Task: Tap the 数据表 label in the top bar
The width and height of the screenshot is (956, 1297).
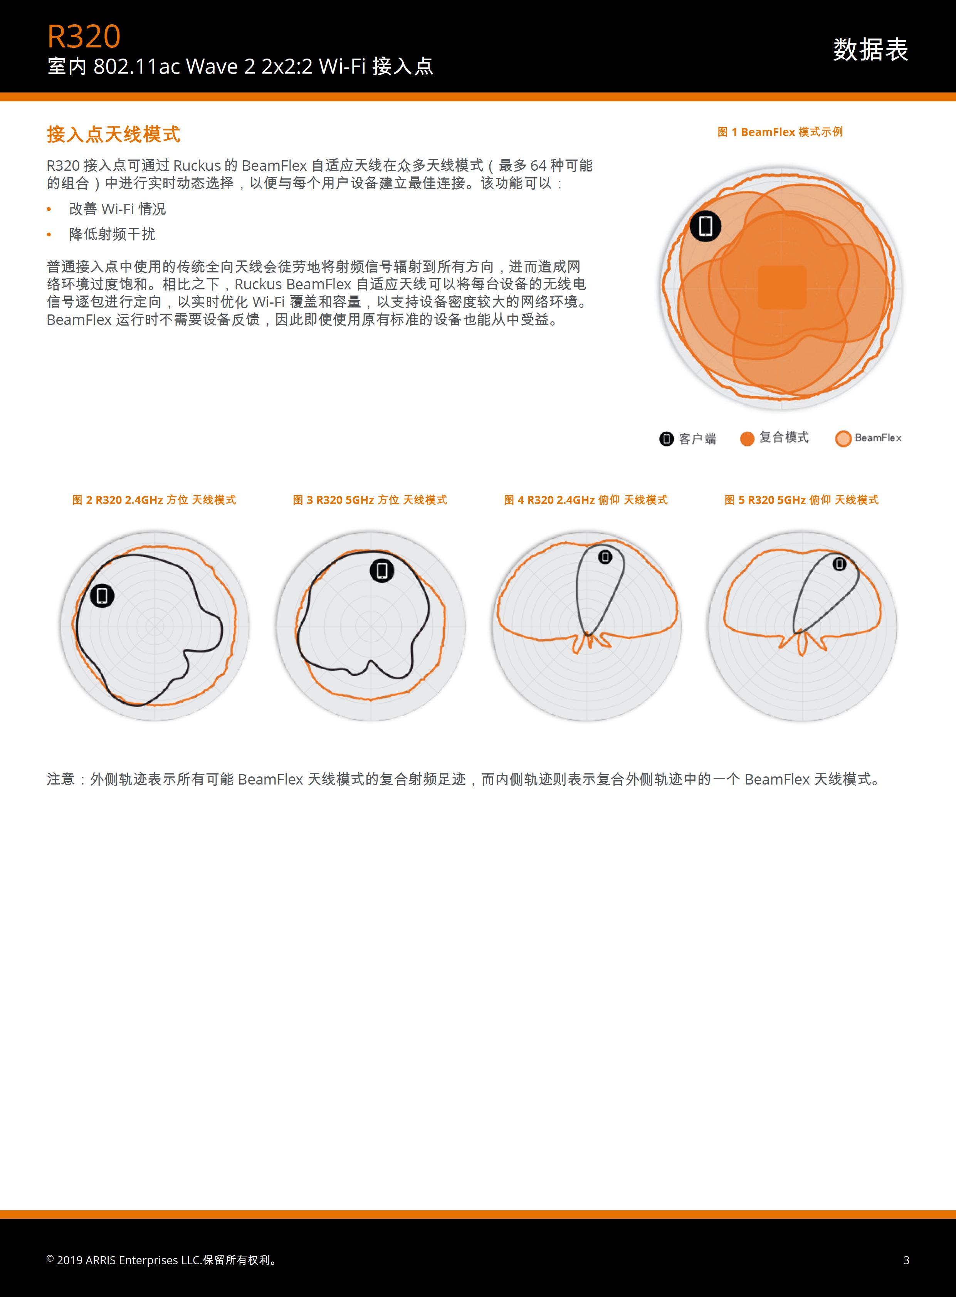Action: click(870, 49)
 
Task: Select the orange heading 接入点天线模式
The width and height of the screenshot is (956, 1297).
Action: click(113, 134)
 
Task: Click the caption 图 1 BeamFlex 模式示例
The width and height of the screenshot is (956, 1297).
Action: click(780, 132)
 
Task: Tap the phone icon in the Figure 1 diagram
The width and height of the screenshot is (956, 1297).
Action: click(706, 226)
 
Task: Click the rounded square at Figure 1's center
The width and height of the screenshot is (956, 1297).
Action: click(782, 287)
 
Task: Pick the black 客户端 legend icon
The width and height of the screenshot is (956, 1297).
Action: click(667, 439)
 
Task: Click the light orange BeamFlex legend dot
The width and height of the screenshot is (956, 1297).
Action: click(843, 439)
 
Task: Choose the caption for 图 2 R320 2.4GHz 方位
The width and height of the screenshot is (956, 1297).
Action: click(154, 500)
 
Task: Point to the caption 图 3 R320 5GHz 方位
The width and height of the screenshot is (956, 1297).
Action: click(370, 500)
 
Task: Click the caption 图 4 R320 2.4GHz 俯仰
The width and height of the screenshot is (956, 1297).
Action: click(586, 500)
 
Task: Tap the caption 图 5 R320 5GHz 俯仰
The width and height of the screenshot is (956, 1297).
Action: click(801, 500)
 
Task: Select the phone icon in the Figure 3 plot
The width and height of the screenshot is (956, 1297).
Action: click(382, 571)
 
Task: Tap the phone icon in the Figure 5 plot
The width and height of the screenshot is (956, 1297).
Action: click(839, 564)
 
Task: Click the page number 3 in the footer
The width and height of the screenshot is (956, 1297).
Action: click(906, 1260)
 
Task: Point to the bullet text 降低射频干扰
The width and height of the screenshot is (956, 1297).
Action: click(112, 234)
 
